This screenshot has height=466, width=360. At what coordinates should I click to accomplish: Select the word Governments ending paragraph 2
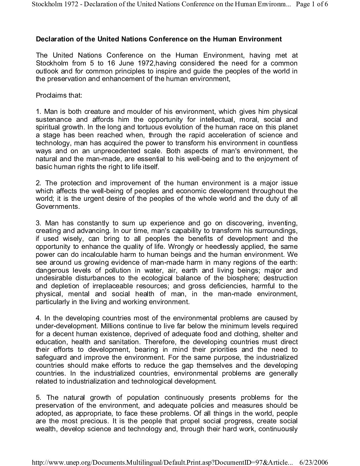pos(58,207)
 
